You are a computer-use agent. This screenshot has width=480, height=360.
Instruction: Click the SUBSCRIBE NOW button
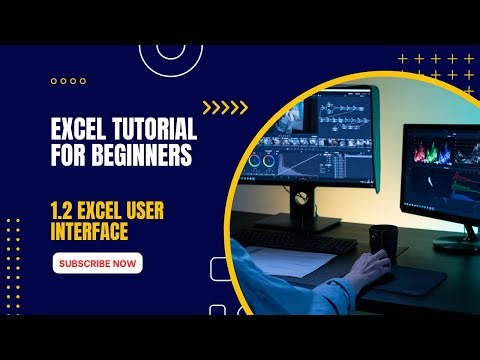[x=98, y=263]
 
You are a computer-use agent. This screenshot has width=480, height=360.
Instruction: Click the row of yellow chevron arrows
[x=224, y=108]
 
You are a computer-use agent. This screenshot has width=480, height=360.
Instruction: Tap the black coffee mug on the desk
[x=382, y=241]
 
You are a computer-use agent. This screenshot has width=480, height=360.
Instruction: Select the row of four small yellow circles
[x=67, y=81]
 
